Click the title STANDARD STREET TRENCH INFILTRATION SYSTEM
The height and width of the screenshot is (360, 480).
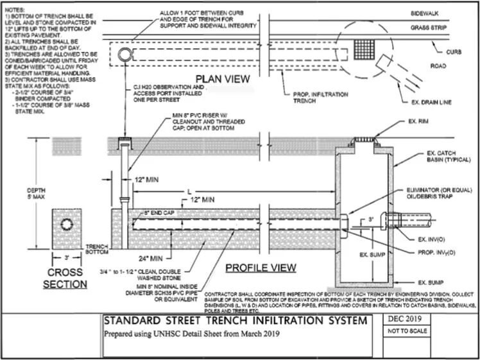pos(231,321)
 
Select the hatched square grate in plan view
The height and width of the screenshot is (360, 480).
pos(364,49)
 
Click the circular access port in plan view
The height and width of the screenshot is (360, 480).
pos(124,52)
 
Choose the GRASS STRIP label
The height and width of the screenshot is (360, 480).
pos(429,28)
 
